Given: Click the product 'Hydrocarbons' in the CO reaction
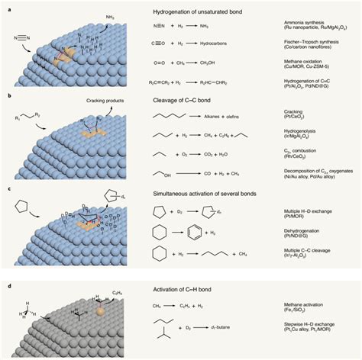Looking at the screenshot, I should [223, 47].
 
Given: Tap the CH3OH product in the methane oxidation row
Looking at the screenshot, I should [221, 65].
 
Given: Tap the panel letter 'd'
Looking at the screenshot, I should [6, 286].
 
